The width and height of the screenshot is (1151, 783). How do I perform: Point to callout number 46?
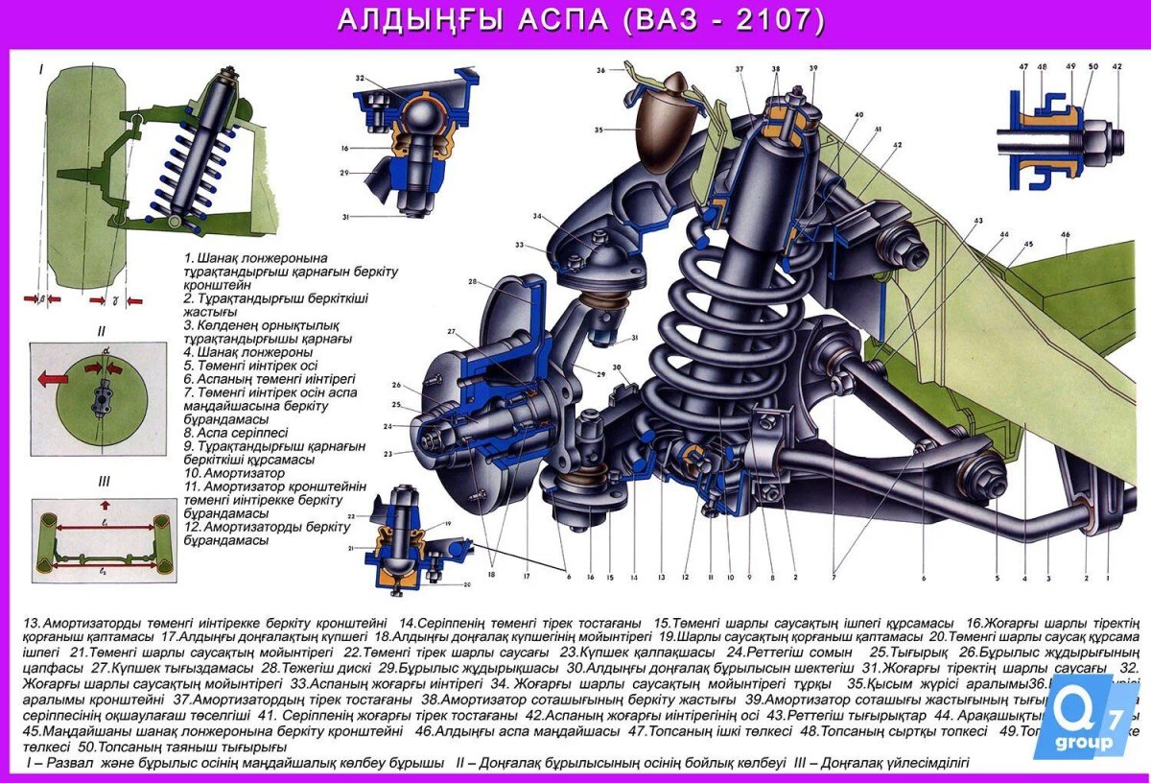coord(1065,234)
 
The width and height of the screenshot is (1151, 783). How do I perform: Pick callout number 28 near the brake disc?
coord(473,281)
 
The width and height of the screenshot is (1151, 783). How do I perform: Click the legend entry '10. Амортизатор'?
coord(234,473)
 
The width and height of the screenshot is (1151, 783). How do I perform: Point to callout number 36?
coord(600,70)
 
